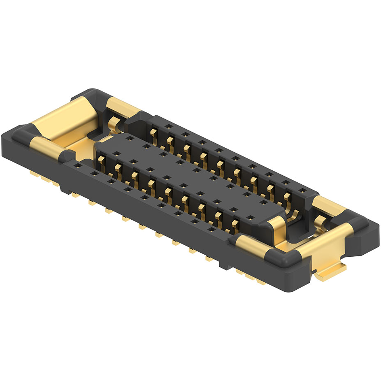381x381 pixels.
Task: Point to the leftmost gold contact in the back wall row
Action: click(x=153, y=132)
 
